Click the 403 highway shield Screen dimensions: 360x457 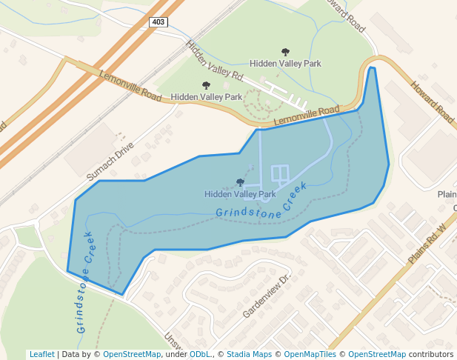click(159, 22)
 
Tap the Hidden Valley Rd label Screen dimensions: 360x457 click(215, 61)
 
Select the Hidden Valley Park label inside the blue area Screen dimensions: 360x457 click(240, 194)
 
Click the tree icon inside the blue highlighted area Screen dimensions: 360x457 click(240, 182)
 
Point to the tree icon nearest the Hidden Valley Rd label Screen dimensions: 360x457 click(206, 86)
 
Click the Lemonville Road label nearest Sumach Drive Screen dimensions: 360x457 click(130, 86)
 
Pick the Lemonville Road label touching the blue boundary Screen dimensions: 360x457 click(306, 116)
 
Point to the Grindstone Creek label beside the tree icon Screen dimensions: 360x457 click(261, 203)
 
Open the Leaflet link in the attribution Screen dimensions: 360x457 click(42, 354)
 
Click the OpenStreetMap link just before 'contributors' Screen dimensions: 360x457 click(377, 354)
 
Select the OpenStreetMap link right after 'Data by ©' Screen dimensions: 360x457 click(132, 354)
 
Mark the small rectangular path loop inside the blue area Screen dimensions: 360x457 click(280, 174)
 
